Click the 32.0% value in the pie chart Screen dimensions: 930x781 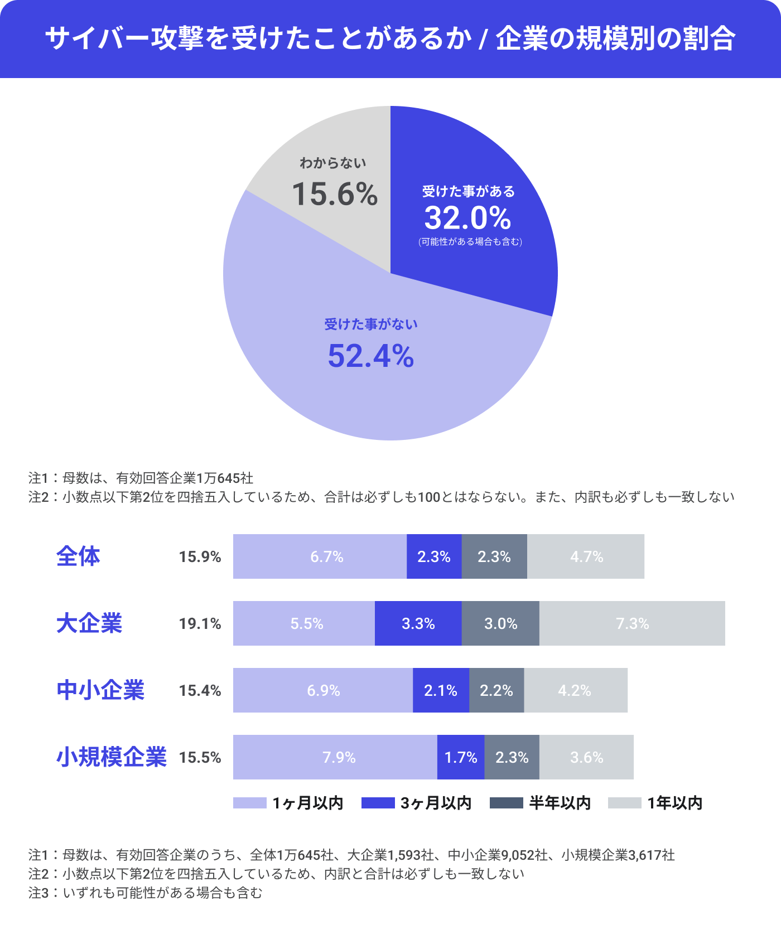click(x=467, y=218)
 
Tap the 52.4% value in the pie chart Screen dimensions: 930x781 click(x=371, y=356)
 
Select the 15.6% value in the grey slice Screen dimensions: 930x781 click(x=335, y=194)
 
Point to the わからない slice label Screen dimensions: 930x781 click(x=333, y=163)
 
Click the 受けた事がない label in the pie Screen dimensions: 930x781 click(x=371, y=324)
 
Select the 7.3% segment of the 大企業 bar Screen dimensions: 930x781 click(x=632, y=623)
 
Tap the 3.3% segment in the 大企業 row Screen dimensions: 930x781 click(x=418, y=623)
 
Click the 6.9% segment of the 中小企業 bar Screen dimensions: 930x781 click(x=323, y=690)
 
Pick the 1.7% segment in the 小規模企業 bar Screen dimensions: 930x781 click(x=461, y=757)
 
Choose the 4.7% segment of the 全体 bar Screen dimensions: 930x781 click(x=586, y=556)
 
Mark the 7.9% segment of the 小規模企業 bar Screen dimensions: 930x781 click(x=339, y=757)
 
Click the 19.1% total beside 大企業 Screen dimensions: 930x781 click(x=200, y=623)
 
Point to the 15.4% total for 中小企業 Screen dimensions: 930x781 click(x=200, y=690)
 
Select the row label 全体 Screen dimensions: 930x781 click(x=78, y=556)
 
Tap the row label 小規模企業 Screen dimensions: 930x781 click(x=112, y=757)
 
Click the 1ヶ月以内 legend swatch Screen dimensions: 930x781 click(x=249, y=803)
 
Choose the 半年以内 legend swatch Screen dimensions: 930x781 click(x=506, y=803)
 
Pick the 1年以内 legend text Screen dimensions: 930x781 click(x=674, y=803)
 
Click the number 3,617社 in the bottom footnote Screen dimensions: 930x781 click(x=652, y=855)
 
